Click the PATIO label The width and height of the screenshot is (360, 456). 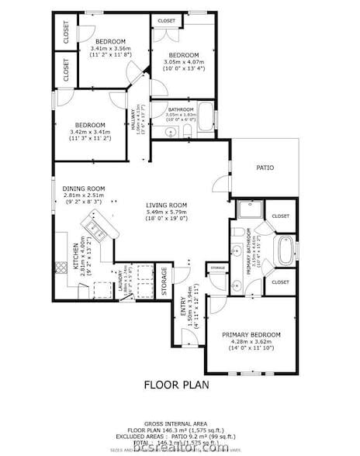coord(265,168)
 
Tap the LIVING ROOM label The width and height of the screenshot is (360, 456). coord(167,206)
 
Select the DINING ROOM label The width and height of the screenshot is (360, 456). coord(85,188)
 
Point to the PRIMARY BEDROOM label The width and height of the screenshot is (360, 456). coord(251,334)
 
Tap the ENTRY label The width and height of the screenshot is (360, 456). coord(183,311)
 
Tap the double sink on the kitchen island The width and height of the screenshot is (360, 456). coord(98,227)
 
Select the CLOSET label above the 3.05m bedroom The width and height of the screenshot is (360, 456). coord(166,20)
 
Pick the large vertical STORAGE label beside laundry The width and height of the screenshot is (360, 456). coord(164,282)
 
